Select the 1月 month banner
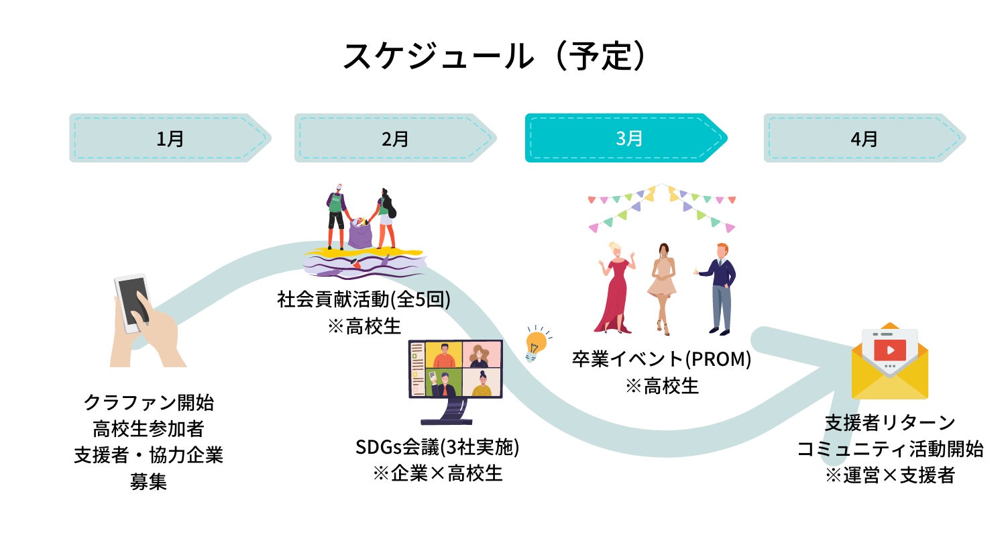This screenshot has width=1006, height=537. pyautogui.click(x=170, y=138)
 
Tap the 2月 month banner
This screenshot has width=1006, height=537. pyautogui.click(x=395, y=138)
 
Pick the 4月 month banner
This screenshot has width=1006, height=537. pyautogui.click(x=864, y=138)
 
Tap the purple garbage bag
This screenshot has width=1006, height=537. pyautogui.click(x=360, y=232)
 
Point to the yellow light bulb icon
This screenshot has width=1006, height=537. pyautogui.click(x=536, y=342)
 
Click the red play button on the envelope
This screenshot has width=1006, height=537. pyautogui.click(x=890, y=350)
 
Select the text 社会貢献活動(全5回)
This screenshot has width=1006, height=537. pyautogui.click(x=364, y=299)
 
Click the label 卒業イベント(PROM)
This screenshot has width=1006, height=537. pyautogui.click(x=661, y=359)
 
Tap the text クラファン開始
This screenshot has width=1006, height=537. pyautogui.click(x=148, y=403)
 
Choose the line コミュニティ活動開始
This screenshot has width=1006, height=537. pyautogui.click(x=890, y=449)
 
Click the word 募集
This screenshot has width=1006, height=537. pyautogui.click(x=148, y=482)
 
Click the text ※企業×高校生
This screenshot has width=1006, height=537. pyautogui.click(x=437, y=473)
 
